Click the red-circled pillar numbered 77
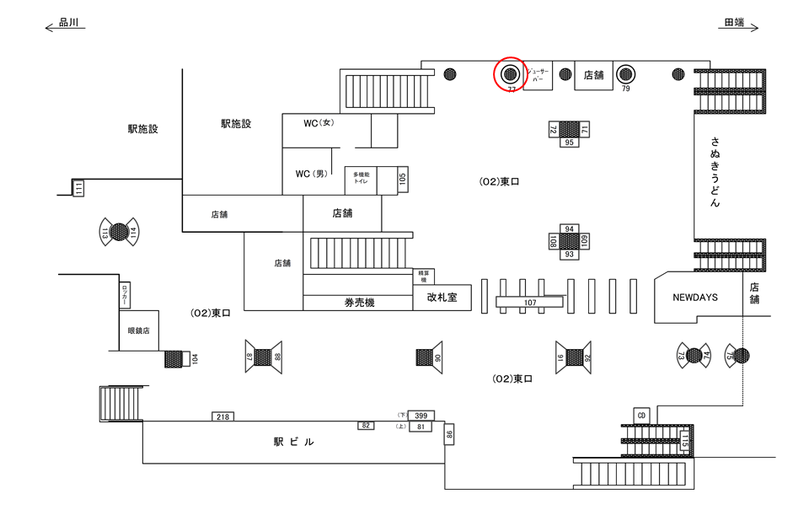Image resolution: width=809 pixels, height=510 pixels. point(510,74)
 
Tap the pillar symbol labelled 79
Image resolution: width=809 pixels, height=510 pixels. point(625,74)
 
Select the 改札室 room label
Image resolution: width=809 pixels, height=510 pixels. point(442,298)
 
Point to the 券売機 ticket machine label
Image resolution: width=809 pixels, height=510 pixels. point(359,303)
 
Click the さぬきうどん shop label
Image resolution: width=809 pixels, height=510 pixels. point(715,172)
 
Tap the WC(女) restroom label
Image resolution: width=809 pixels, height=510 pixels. point(319,123)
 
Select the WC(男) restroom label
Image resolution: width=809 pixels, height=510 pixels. point(310,174)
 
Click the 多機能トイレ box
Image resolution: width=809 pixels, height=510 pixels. point(361,180)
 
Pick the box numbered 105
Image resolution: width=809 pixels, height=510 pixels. point(402,180)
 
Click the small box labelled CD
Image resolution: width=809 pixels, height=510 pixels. point(641,415)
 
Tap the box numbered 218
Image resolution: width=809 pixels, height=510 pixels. point(223,416)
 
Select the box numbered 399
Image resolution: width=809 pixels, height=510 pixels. point(421,415)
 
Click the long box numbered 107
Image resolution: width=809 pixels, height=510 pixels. point(530,302)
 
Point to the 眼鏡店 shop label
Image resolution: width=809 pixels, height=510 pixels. point(138,330)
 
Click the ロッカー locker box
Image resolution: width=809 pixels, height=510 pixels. point(125,295)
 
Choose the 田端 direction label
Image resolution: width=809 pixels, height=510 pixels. point(734,24)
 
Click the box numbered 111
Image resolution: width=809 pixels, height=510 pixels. point(78,188)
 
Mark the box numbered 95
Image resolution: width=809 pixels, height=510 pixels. point(570,142)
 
